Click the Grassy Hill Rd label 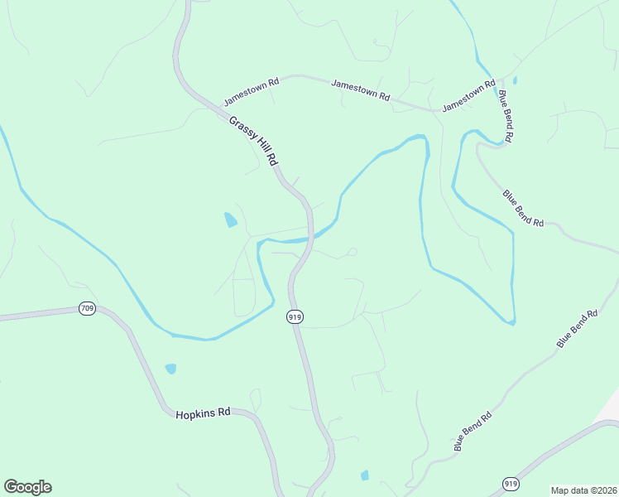[x=252, y=140]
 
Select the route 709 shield [x=87, y=309]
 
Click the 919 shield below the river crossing [x=295, y=316]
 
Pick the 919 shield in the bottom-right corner [x=511, y=483]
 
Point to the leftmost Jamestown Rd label [x=252, y=92]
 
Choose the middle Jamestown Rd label [x=360, y=89]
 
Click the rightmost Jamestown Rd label [x=468, y=97]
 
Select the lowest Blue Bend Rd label [x=473, y=432]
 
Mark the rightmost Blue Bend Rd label [x=577, y=329]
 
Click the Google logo [x=27, y=487]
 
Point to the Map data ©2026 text [x=583, y=490]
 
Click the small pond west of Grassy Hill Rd [x=230, y=220]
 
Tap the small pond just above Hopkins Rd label [x=170, y=369]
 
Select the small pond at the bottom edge [x=364, y=475]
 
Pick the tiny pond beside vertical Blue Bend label [x=515, y=81]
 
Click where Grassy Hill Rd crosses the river [x=310, y=239]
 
